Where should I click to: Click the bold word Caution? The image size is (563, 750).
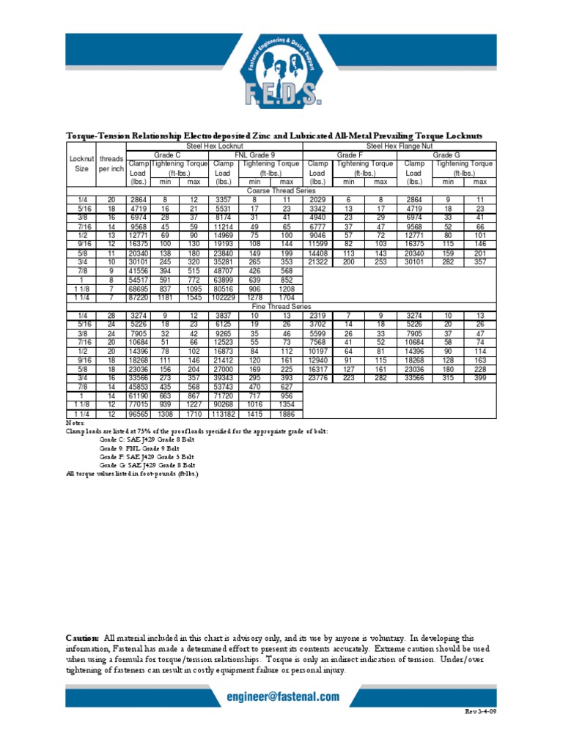pyautogui.click(x=82, y=639)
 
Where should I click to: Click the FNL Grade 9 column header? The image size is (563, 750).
pyautogui.click(x=255, y=155)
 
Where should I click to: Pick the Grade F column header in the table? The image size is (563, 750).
pyautogui.click(x=350, y=155)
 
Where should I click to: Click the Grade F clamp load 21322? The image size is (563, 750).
pyautogui.click(x=317, y=261)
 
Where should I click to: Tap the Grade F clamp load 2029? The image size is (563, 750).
pyautogui.click(x=317, y=199)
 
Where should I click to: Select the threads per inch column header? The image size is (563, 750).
pyautogui.click(x=111, y=163)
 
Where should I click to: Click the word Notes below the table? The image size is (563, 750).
pyautogui.click(x=76, y=423)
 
